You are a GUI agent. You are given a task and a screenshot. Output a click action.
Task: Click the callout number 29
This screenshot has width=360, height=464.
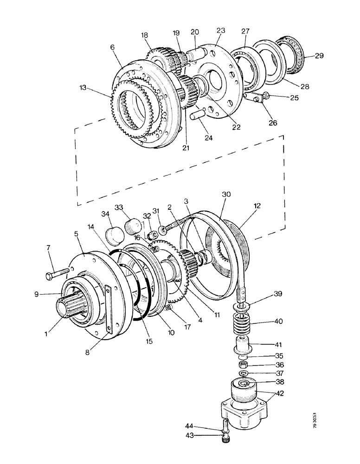(x=319, y=56)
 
